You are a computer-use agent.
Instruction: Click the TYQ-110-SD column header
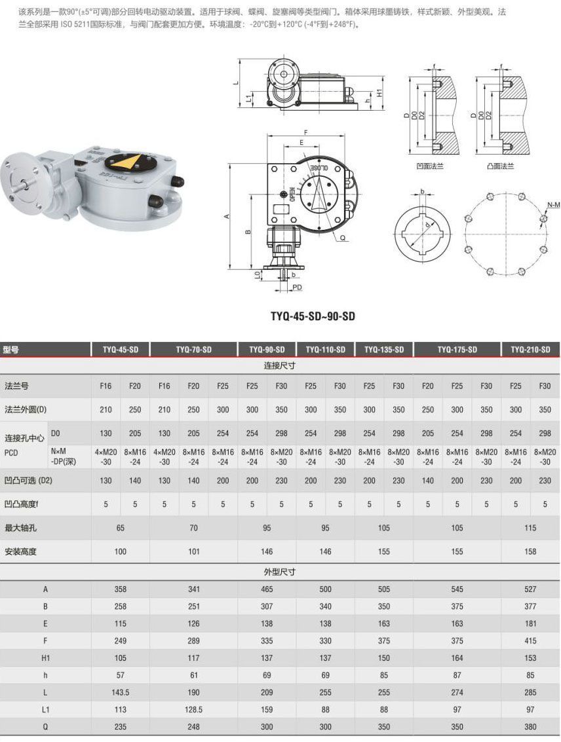click(325, 350)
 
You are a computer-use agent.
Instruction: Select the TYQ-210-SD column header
click(530, 350)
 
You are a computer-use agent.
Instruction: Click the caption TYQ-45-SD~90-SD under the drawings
click(313, 316)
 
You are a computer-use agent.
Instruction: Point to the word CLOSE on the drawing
click(320, 168)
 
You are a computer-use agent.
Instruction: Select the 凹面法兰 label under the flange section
click(430, 166)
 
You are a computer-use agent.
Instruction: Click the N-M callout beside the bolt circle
click(553, 205)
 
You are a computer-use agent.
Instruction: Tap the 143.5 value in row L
click(120, 692)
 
